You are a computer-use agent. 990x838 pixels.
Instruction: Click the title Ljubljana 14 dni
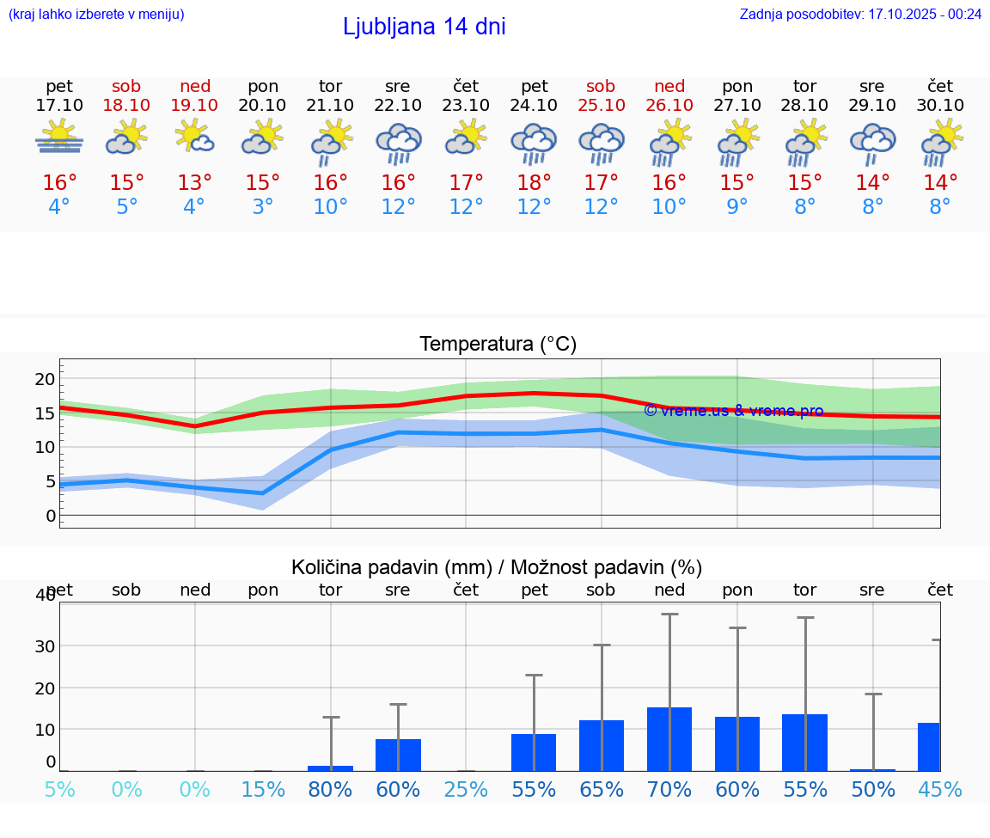424,27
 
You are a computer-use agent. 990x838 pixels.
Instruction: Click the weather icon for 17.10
59,138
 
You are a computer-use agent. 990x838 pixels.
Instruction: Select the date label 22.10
398,106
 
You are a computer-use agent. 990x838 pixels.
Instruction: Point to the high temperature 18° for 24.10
534,183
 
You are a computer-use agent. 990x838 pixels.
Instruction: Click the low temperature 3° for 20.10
263,207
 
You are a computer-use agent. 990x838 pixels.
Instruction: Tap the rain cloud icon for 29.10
872,142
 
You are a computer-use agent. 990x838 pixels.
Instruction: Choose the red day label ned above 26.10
669,86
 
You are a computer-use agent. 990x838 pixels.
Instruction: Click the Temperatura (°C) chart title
498,345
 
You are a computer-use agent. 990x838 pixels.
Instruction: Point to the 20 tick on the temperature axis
45,379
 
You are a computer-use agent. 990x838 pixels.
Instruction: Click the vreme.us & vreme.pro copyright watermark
733,411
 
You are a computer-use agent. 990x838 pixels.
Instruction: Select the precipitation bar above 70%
669,738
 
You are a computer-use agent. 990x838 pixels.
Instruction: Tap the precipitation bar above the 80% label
331,768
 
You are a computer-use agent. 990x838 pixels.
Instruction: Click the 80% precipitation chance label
330,789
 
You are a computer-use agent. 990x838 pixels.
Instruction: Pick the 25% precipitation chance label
466,789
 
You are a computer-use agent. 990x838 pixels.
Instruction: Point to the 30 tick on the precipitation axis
45,645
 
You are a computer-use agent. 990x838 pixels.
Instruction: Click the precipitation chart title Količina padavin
496,567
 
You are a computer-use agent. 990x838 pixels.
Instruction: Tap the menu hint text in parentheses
96,15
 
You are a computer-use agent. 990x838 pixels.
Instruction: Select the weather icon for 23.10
466,138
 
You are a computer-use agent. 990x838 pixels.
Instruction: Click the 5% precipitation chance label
59,789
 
